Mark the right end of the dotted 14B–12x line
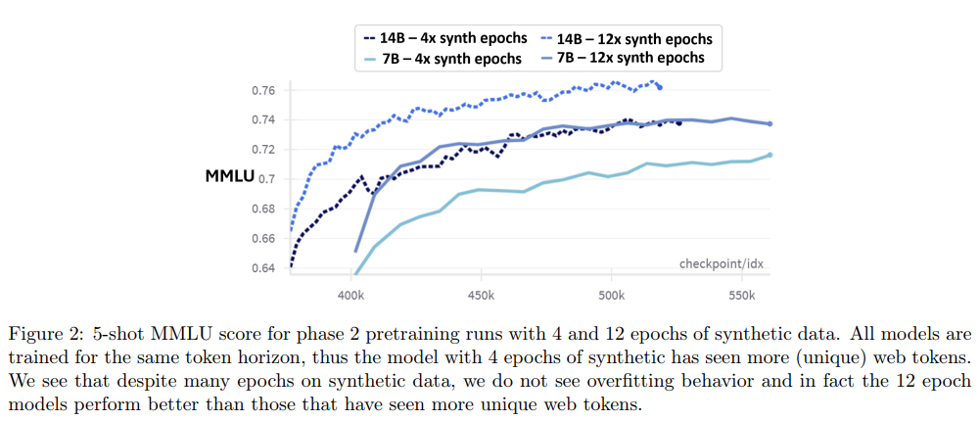click(659, 87)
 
